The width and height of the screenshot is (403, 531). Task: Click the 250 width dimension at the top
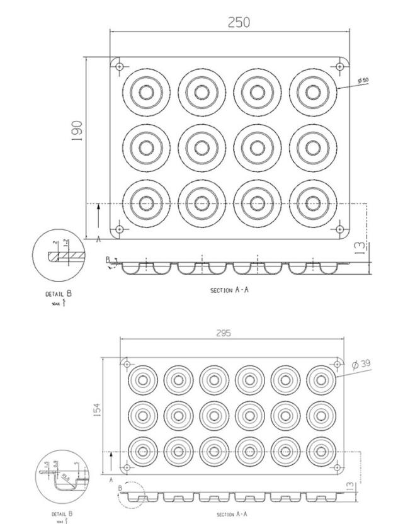click(x=239, y=22)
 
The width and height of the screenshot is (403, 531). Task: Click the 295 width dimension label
click(x=232, y=333)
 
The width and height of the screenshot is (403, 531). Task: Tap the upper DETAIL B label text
click(x=62, y=294)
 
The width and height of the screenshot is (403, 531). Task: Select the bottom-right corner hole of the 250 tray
click(x=341, y=229)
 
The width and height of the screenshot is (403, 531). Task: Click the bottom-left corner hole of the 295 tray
click(x=127, y=468)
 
